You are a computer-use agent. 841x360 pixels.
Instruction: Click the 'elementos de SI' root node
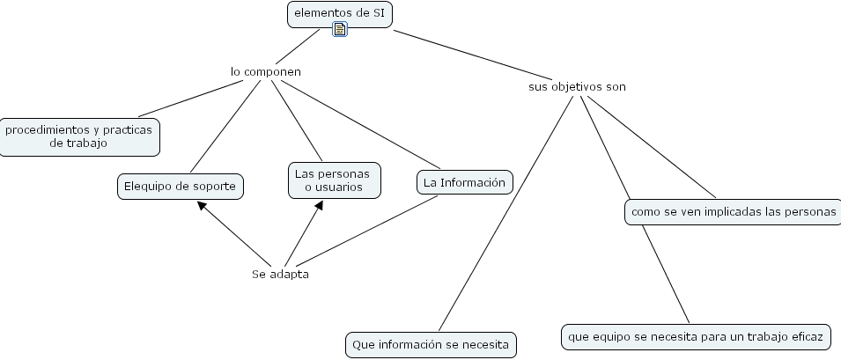(x=340, y=13)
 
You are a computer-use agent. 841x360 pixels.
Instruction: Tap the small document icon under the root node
(x=340, y=30)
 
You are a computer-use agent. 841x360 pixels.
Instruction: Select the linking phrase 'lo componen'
(x=266, y=71)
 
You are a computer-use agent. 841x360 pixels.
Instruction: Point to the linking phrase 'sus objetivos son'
(x=577, y=87)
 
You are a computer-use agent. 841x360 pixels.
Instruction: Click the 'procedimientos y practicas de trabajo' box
(x=79, y=136)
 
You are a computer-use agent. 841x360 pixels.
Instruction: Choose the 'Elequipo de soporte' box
(x=180, y=186)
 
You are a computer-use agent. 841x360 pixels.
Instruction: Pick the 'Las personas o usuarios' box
(x=334, y=180)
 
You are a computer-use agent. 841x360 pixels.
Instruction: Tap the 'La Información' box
(x=463, y=182)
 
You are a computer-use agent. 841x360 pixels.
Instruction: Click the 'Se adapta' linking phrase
(x=280, y=274)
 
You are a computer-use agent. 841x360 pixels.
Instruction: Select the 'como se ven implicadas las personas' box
(x=734, y=212)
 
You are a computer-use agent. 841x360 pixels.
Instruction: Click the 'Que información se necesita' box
(x=431, y=344)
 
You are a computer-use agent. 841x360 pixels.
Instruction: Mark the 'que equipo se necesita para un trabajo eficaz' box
(x=696, y=336)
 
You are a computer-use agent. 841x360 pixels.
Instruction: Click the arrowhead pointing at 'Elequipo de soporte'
(x=202, y=205)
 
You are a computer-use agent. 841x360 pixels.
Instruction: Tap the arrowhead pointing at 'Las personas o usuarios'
(x=319, y=205)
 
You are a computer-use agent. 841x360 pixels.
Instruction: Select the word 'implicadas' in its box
(x=730, y=212)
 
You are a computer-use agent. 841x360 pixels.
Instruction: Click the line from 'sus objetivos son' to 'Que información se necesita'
(x=506, y=211)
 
